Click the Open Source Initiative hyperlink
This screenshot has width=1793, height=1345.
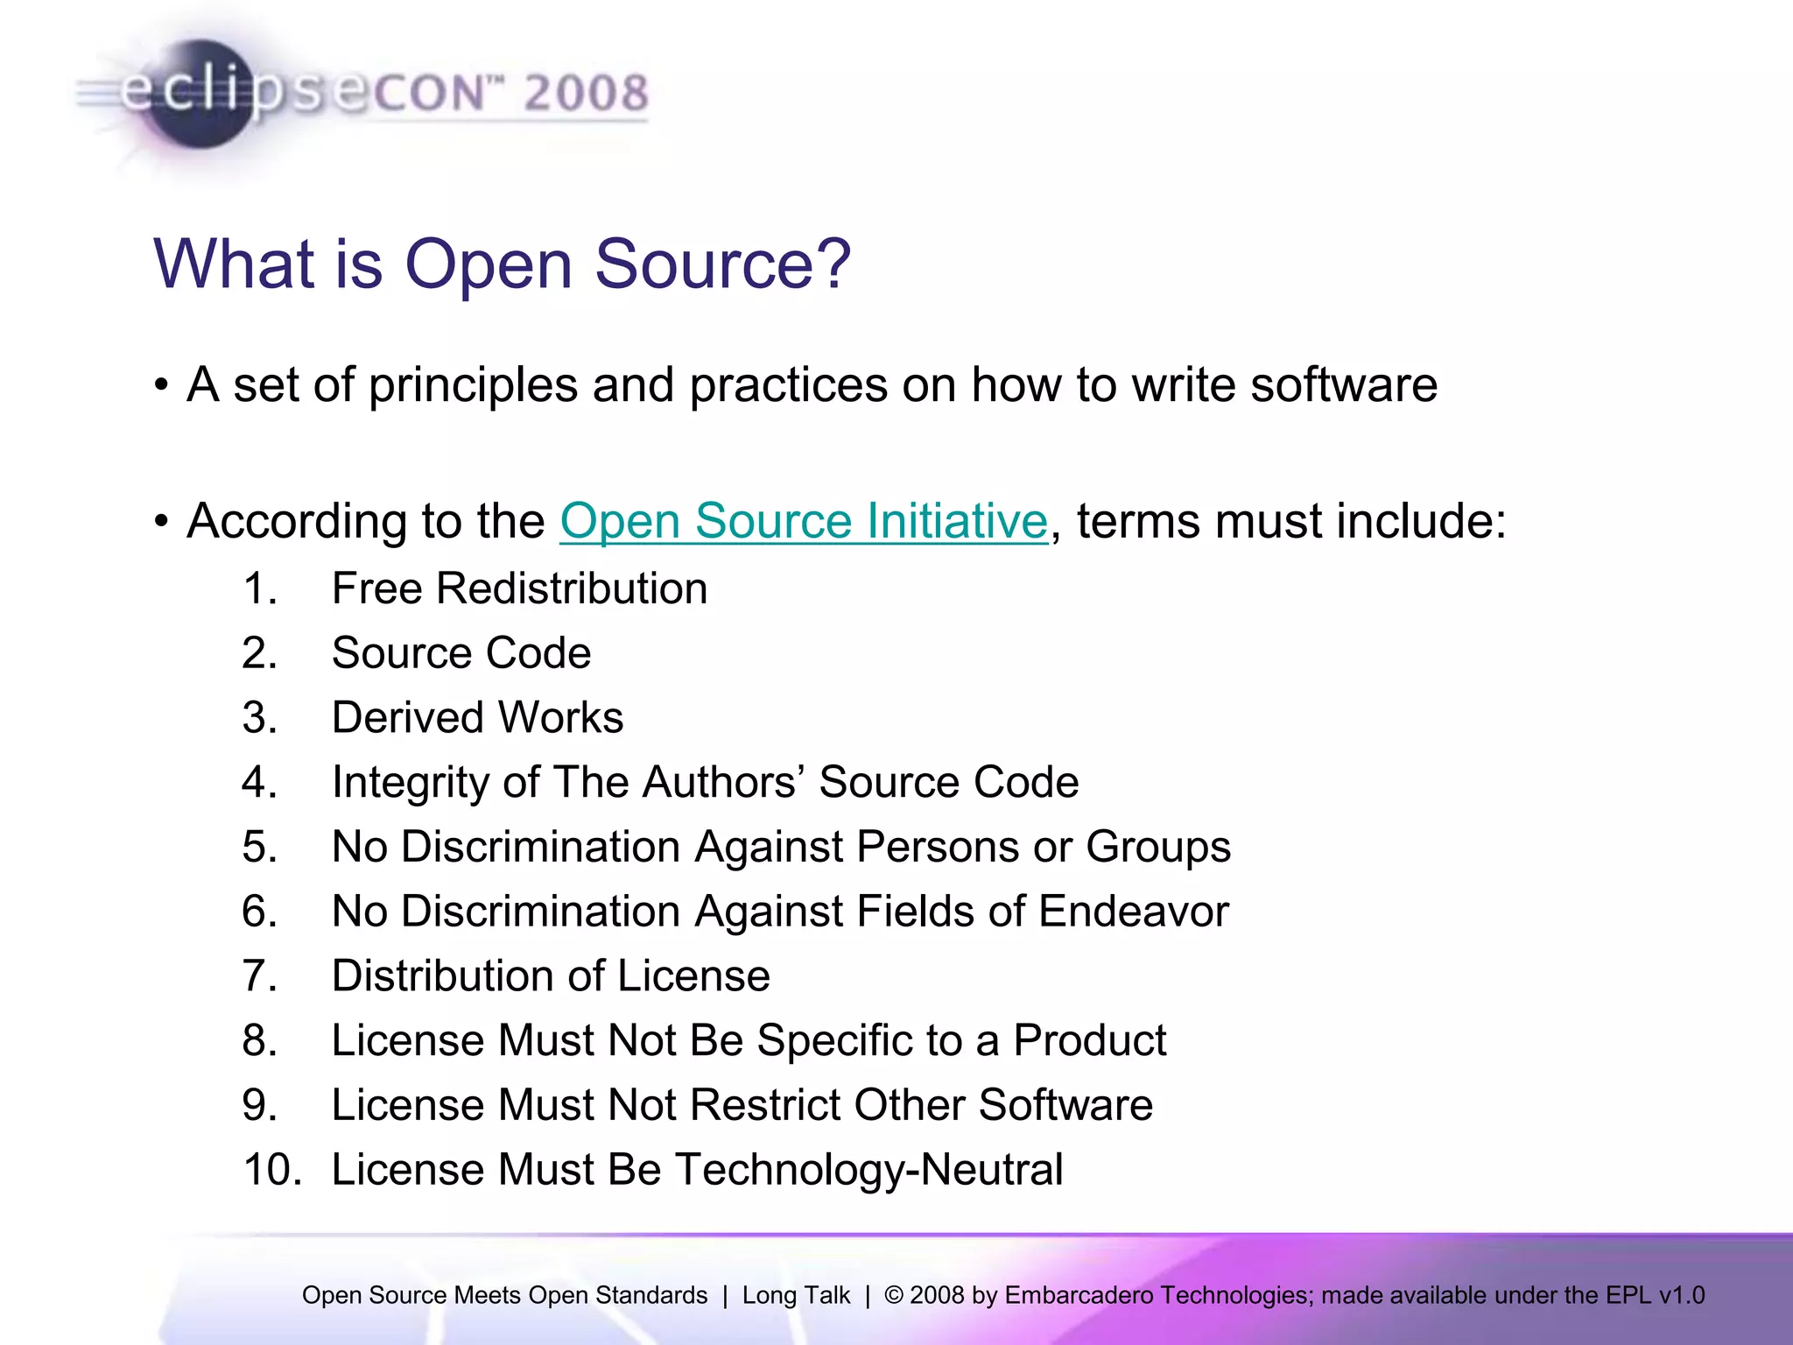click(x=803, y=521)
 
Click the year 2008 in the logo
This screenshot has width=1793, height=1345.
click(x=586, y=94)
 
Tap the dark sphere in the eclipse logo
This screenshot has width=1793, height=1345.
click(x=200, y=95)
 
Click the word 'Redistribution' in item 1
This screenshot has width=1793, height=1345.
click(x=572, y=588)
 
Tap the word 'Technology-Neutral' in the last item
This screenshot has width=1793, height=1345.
click(x=868, y=1170)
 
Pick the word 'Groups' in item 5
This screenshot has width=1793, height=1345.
click(x=1157, y=848)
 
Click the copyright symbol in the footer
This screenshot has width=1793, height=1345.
click(x=893, y=1295)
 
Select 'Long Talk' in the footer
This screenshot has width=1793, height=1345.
click(x=796, y=1295)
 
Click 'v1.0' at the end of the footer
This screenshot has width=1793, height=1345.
click(x=1681, y=1295)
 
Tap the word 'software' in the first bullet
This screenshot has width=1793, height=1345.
click(x=1343, y=385)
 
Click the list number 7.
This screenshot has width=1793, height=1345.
click(x=259, y=976)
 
